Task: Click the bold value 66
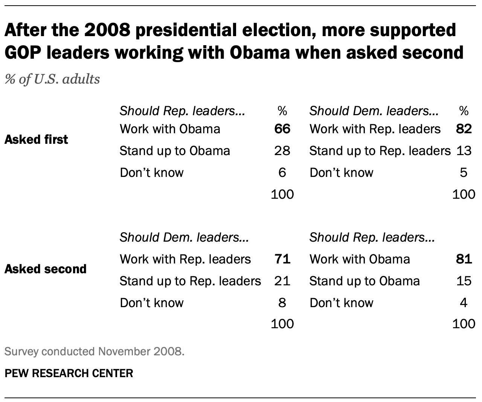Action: [x=282, y=129]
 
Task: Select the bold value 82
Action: [x=464, y=129]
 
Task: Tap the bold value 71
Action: [x=282, y=259]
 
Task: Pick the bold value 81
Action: [x=464, y=259]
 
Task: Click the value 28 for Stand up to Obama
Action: [x=282, y=151]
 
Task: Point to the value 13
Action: [x=464, y=151]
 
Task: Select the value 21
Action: [x=282, y=281]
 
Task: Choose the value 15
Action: [x=464, y=281]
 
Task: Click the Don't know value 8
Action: [x=282, y=303]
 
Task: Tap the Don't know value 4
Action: [x=464, y=303]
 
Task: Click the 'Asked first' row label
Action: [x=36, y=140]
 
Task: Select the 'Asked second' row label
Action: [x=45, y=269]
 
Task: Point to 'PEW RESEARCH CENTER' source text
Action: [x=69, y=373]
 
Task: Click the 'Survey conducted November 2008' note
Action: [x=94, y=352]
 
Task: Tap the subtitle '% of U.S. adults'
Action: [x=52, y=79]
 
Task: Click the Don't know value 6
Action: [x=282, y=173]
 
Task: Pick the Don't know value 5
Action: [x=464, y=173]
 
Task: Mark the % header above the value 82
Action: [x=464, y=111]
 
